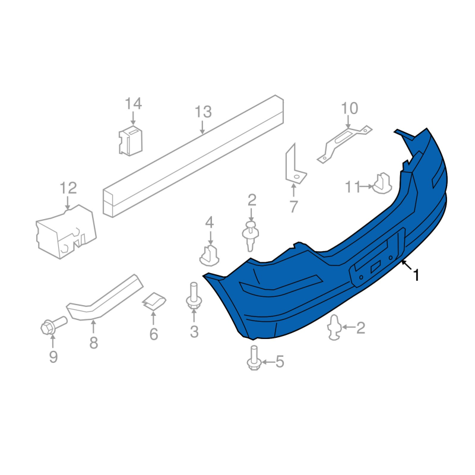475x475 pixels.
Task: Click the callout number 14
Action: (134, 103)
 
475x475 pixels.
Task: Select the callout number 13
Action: (203, 112)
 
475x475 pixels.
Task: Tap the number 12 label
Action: (68, 188)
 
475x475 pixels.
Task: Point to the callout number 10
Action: (350, 108)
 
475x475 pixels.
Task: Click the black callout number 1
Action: (417, 275)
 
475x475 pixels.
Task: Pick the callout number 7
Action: (293, 207)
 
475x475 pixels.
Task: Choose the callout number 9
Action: (53, 357)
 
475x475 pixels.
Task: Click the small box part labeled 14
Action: (131, 141)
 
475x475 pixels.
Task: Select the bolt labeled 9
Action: (53, 325)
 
